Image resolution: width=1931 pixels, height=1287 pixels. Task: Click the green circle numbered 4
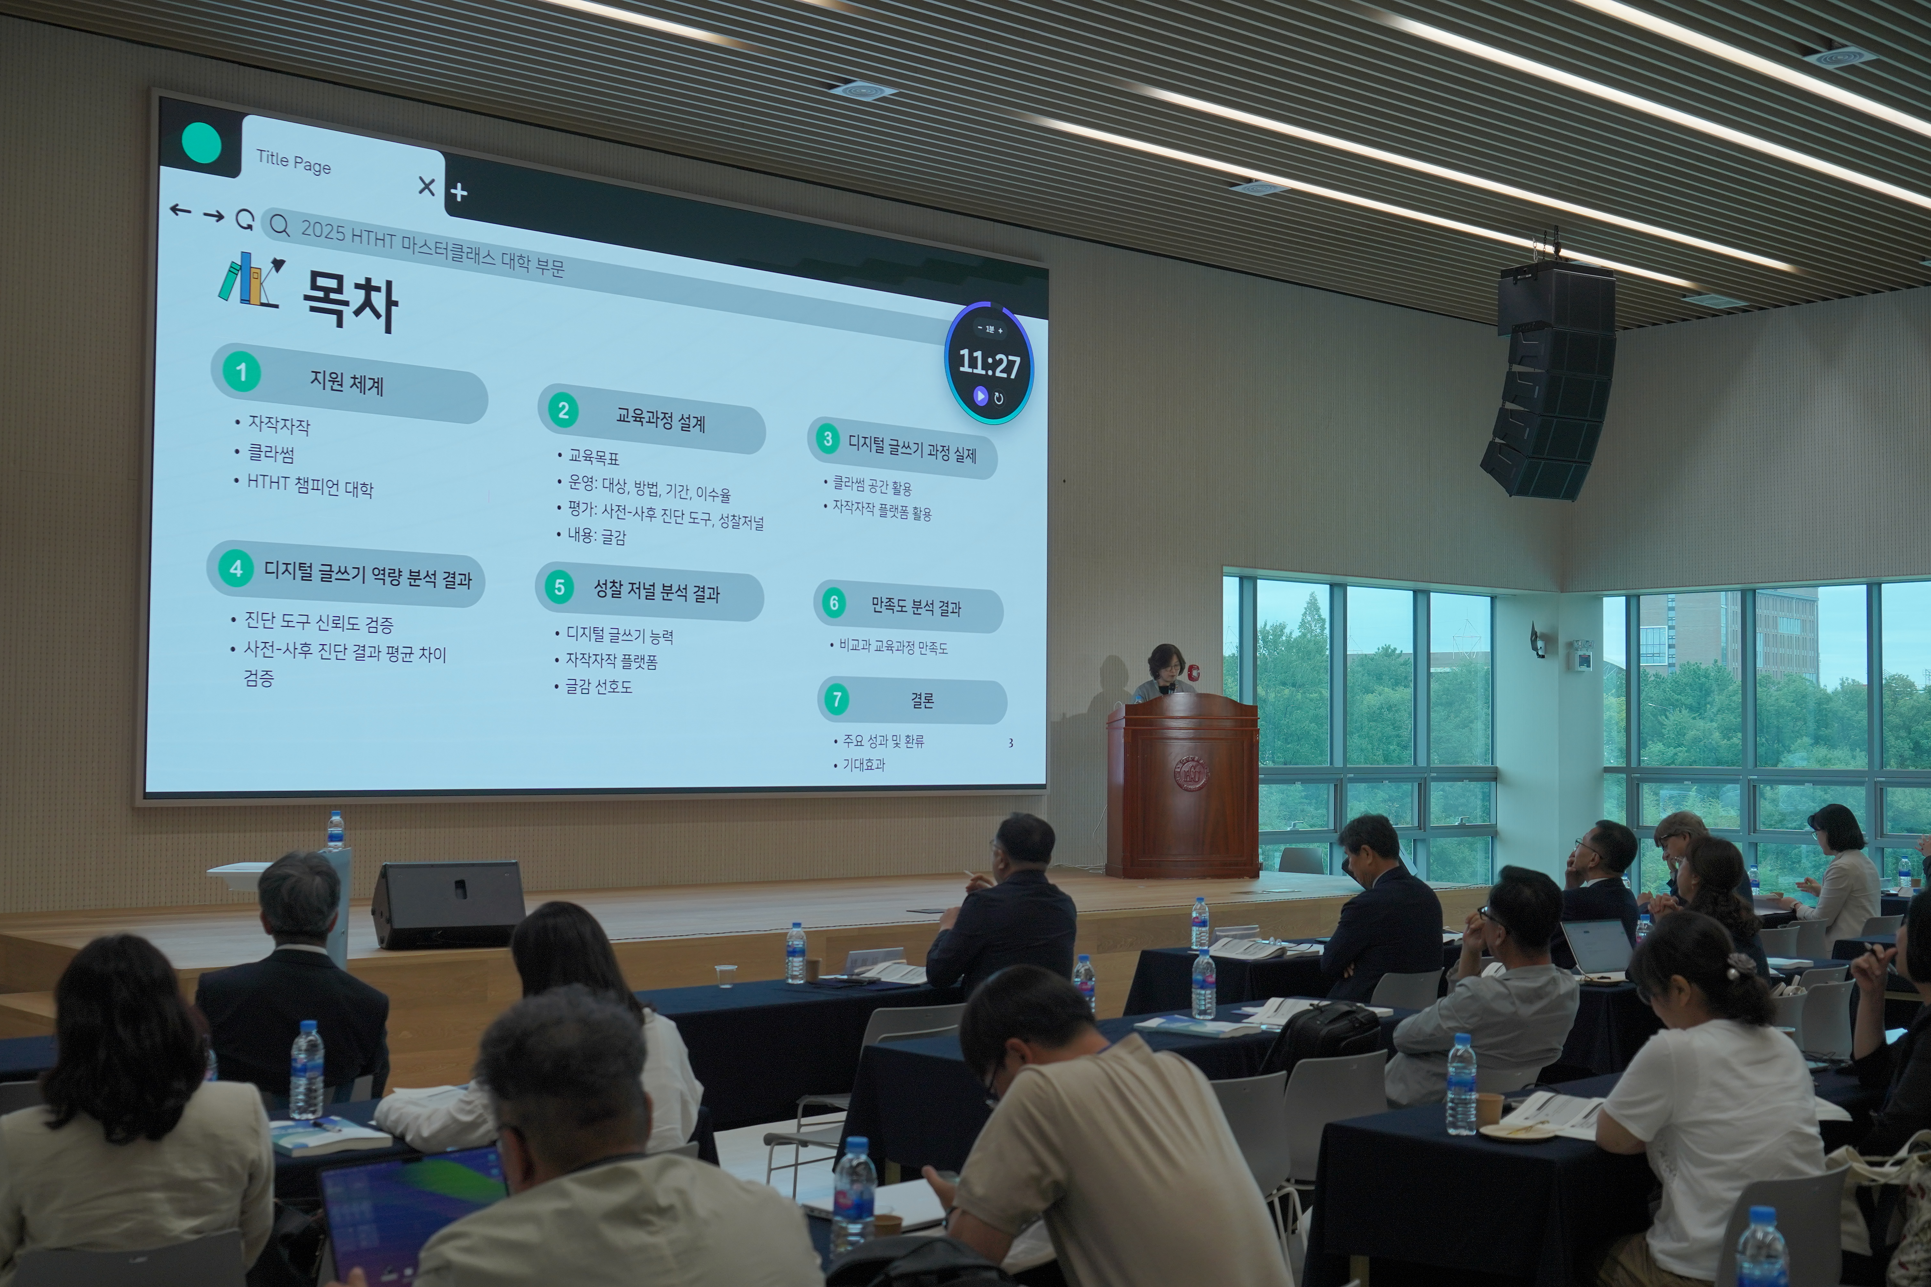click(x=237, y=568)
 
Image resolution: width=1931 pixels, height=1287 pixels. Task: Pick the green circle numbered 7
click(x=836, y=699)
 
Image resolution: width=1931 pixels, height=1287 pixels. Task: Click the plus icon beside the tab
click(x=459, y=192)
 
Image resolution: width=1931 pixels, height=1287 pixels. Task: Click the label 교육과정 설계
click(x=661, y=420)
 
